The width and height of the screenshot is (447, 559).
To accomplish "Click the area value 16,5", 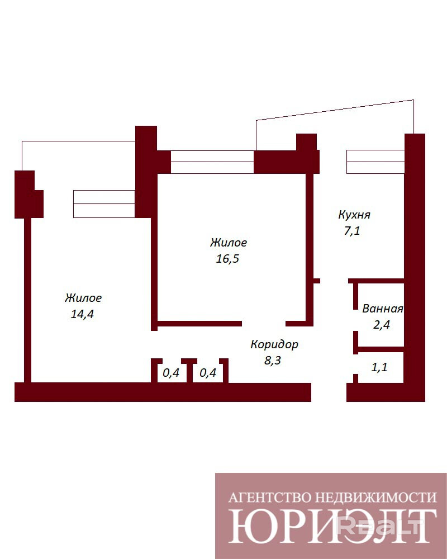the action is (x=227, y=259).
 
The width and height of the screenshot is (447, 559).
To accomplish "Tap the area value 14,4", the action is (x=82, y=314).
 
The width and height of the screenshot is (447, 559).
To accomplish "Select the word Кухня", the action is (x=354, y=215).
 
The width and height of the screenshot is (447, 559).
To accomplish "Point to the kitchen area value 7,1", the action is (x=352, y=231).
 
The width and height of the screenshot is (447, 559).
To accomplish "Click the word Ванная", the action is (x=383, y=309).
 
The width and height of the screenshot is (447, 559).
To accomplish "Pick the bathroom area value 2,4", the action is (x=382, y=325).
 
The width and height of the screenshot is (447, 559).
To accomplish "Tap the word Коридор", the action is (x=274, y=344).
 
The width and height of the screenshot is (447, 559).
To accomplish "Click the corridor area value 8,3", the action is (x=273, y=361).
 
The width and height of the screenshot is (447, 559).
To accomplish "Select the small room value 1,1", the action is (x=379, y=367).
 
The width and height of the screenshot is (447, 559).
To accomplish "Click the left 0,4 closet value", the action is (x=171, y=373).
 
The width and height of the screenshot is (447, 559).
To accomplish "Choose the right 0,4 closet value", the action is (x=208, y=373).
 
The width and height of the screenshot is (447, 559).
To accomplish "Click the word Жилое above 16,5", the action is (x=228, y=243).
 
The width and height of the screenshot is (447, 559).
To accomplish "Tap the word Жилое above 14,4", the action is (x=83, y=298).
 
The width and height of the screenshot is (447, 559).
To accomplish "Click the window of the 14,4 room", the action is (x=104, y=204).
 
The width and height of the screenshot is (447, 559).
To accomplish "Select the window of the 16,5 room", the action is (x=212, y=162).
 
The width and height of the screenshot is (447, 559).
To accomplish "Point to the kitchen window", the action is (x=375, y=162).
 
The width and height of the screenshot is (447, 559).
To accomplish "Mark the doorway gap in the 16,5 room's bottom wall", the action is (x=264, y=324).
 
